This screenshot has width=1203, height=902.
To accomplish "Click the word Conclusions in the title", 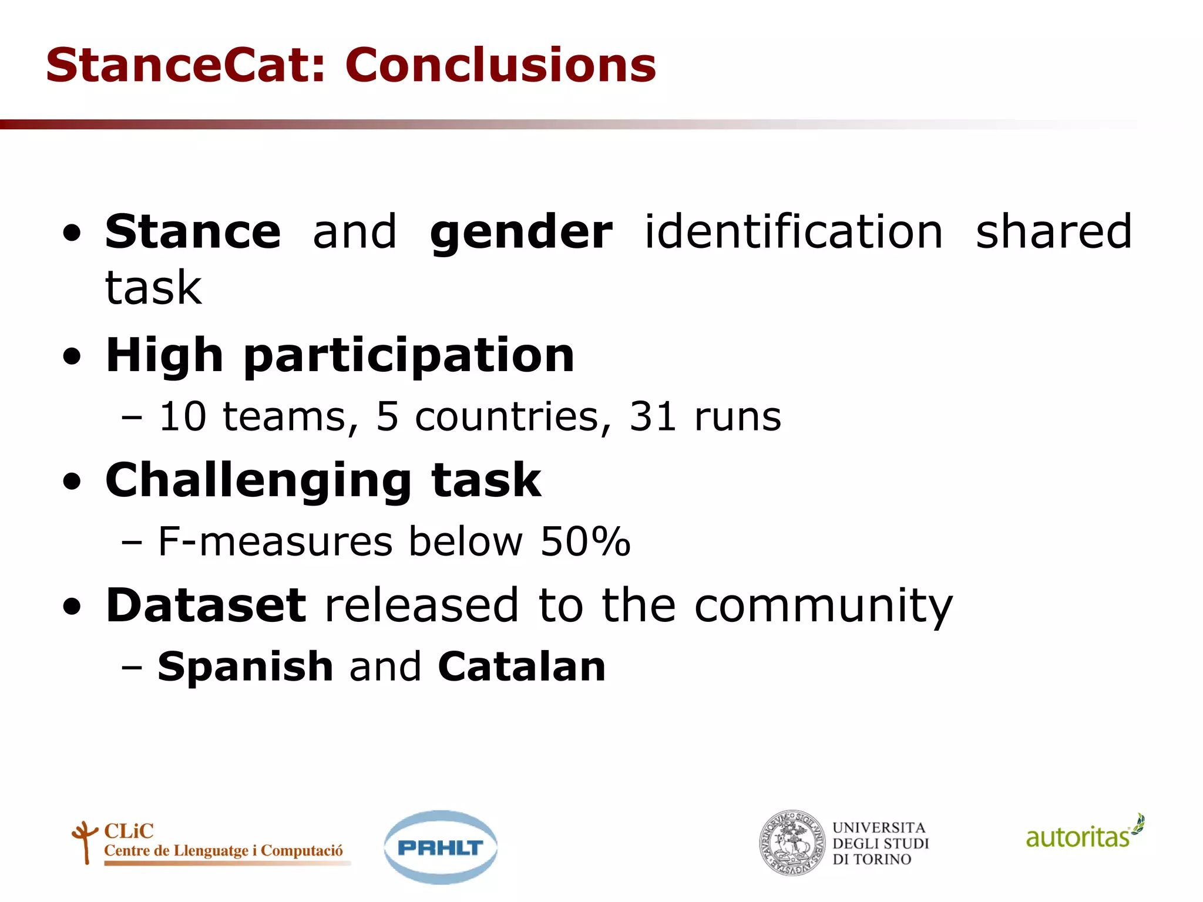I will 500,65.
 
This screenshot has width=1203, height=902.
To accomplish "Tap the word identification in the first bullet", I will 794,231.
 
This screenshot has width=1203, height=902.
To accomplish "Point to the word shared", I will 1053,231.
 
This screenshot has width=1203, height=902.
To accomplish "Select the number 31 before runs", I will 653,417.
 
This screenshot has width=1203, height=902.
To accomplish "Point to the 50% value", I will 585,541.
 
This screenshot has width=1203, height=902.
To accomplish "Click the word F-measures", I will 275,541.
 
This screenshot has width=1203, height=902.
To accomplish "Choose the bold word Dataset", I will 206,605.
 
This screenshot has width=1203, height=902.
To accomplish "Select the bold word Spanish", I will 246,667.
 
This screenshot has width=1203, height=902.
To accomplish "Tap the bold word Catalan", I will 522,667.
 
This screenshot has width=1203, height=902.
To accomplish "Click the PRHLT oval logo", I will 440,847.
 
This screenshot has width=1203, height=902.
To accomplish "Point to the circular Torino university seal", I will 791,843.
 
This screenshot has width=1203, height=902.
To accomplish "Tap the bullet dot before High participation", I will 72,357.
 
